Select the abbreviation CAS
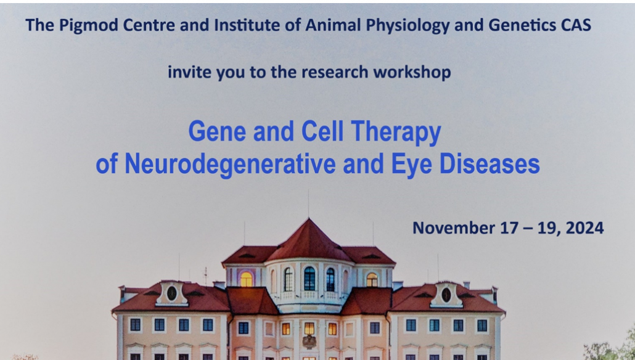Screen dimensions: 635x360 point(576,25)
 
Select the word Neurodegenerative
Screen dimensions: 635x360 point(230,164)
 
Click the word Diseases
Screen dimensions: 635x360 point(490,163)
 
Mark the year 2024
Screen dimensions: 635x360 point(584,228)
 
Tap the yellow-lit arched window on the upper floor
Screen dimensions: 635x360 point(246,279)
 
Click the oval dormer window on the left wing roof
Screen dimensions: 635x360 point(172,293)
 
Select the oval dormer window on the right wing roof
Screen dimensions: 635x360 point(446,295)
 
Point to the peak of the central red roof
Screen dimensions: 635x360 point(309,219)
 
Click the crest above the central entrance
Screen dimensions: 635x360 point(309,342)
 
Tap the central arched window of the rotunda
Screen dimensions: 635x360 point(309,279)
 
